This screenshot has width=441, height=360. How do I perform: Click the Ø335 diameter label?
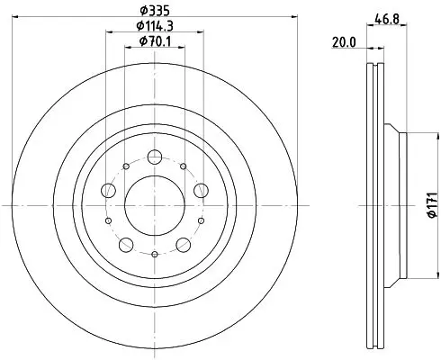(155, 11)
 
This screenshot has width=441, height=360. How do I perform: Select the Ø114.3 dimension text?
(155, 26)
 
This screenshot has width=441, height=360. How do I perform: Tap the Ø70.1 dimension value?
(155, 41)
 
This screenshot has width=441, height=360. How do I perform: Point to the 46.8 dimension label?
(387, 20)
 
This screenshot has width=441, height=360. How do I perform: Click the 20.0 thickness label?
(344, 42)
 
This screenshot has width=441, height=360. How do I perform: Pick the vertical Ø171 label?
(432, 205)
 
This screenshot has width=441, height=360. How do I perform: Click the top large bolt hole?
(155, 157)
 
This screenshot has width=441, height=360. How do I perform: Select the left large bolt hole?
(109, 190)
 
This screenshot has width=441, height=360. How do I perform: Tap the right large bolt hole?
(201, 190)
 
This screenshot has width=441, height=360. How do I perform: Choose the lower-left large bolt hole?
(126, 245)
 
